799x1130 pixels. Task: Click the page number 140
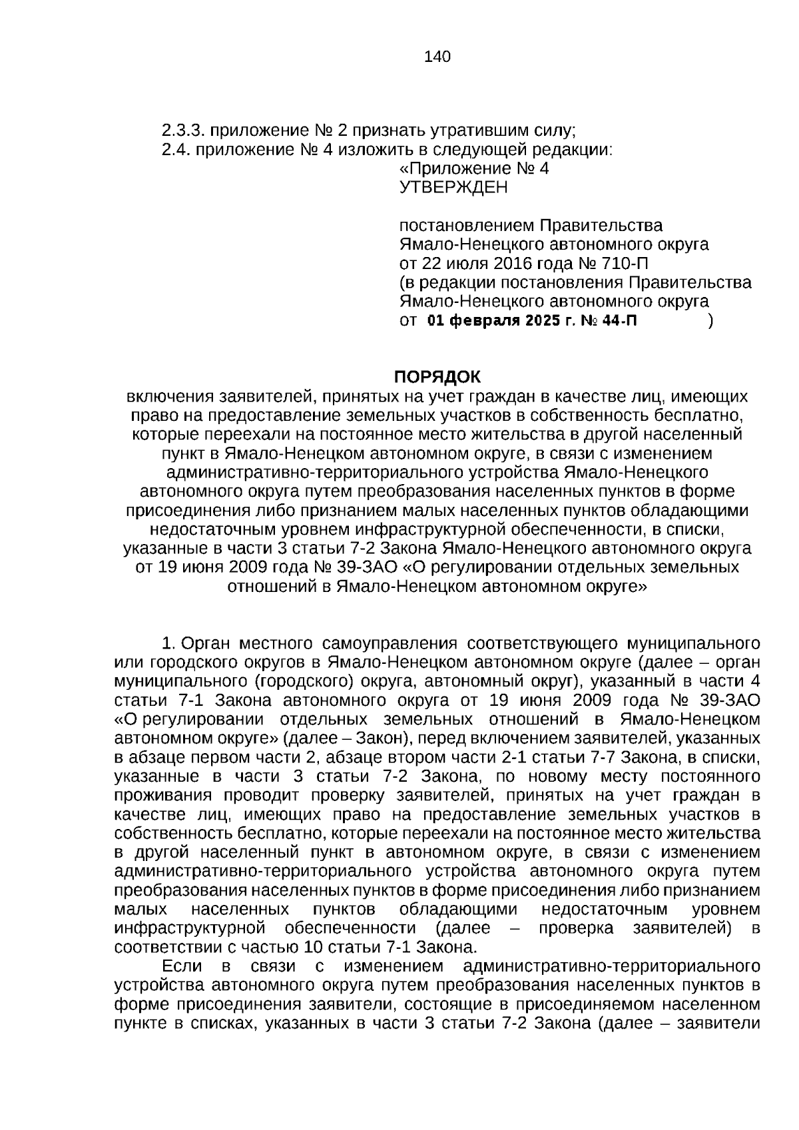(437, 57)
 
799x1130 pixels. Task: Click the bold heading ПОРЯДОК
(437, 377)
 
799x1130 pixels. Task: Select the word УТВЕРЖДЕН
(453, 188)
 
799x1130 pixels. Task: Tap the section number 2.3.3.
(180, 130)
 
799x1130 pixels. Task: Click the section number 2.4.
(175, 149)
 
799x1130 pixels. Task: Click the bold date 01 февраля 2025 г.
(495, 321)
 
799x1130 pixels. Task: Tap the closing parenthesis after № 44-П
(711, 321)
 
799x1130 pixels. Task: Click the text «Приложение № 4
(473, 168)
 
